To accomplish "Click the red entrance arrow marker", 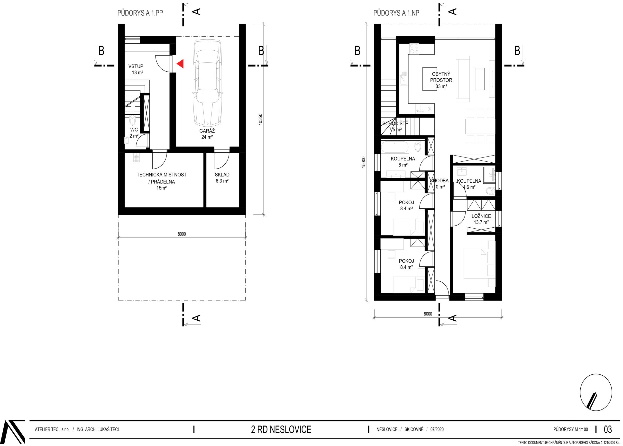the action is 180,64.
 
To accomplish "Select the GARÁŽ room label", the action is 207,131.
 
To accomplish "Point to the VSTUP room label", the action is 136,66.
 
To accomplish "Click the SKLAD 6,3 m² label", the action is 222,178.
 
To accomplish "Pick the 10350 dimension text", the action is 260,120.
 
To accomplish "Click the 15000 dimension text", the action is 363,162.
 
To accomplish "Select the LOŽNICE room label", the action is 481,216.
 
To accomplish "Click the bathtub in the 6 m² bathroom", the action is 395,147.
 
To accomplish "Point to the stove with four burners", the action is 414,49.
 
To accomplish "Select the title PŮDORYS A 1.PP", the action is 140,13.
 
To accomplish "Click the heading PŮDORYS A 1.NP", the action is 396,13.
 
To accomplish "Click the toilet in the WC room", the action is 133,120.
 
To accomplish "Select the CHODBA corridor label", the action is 439,181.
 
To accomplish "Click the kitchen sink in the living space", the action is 403,78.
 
